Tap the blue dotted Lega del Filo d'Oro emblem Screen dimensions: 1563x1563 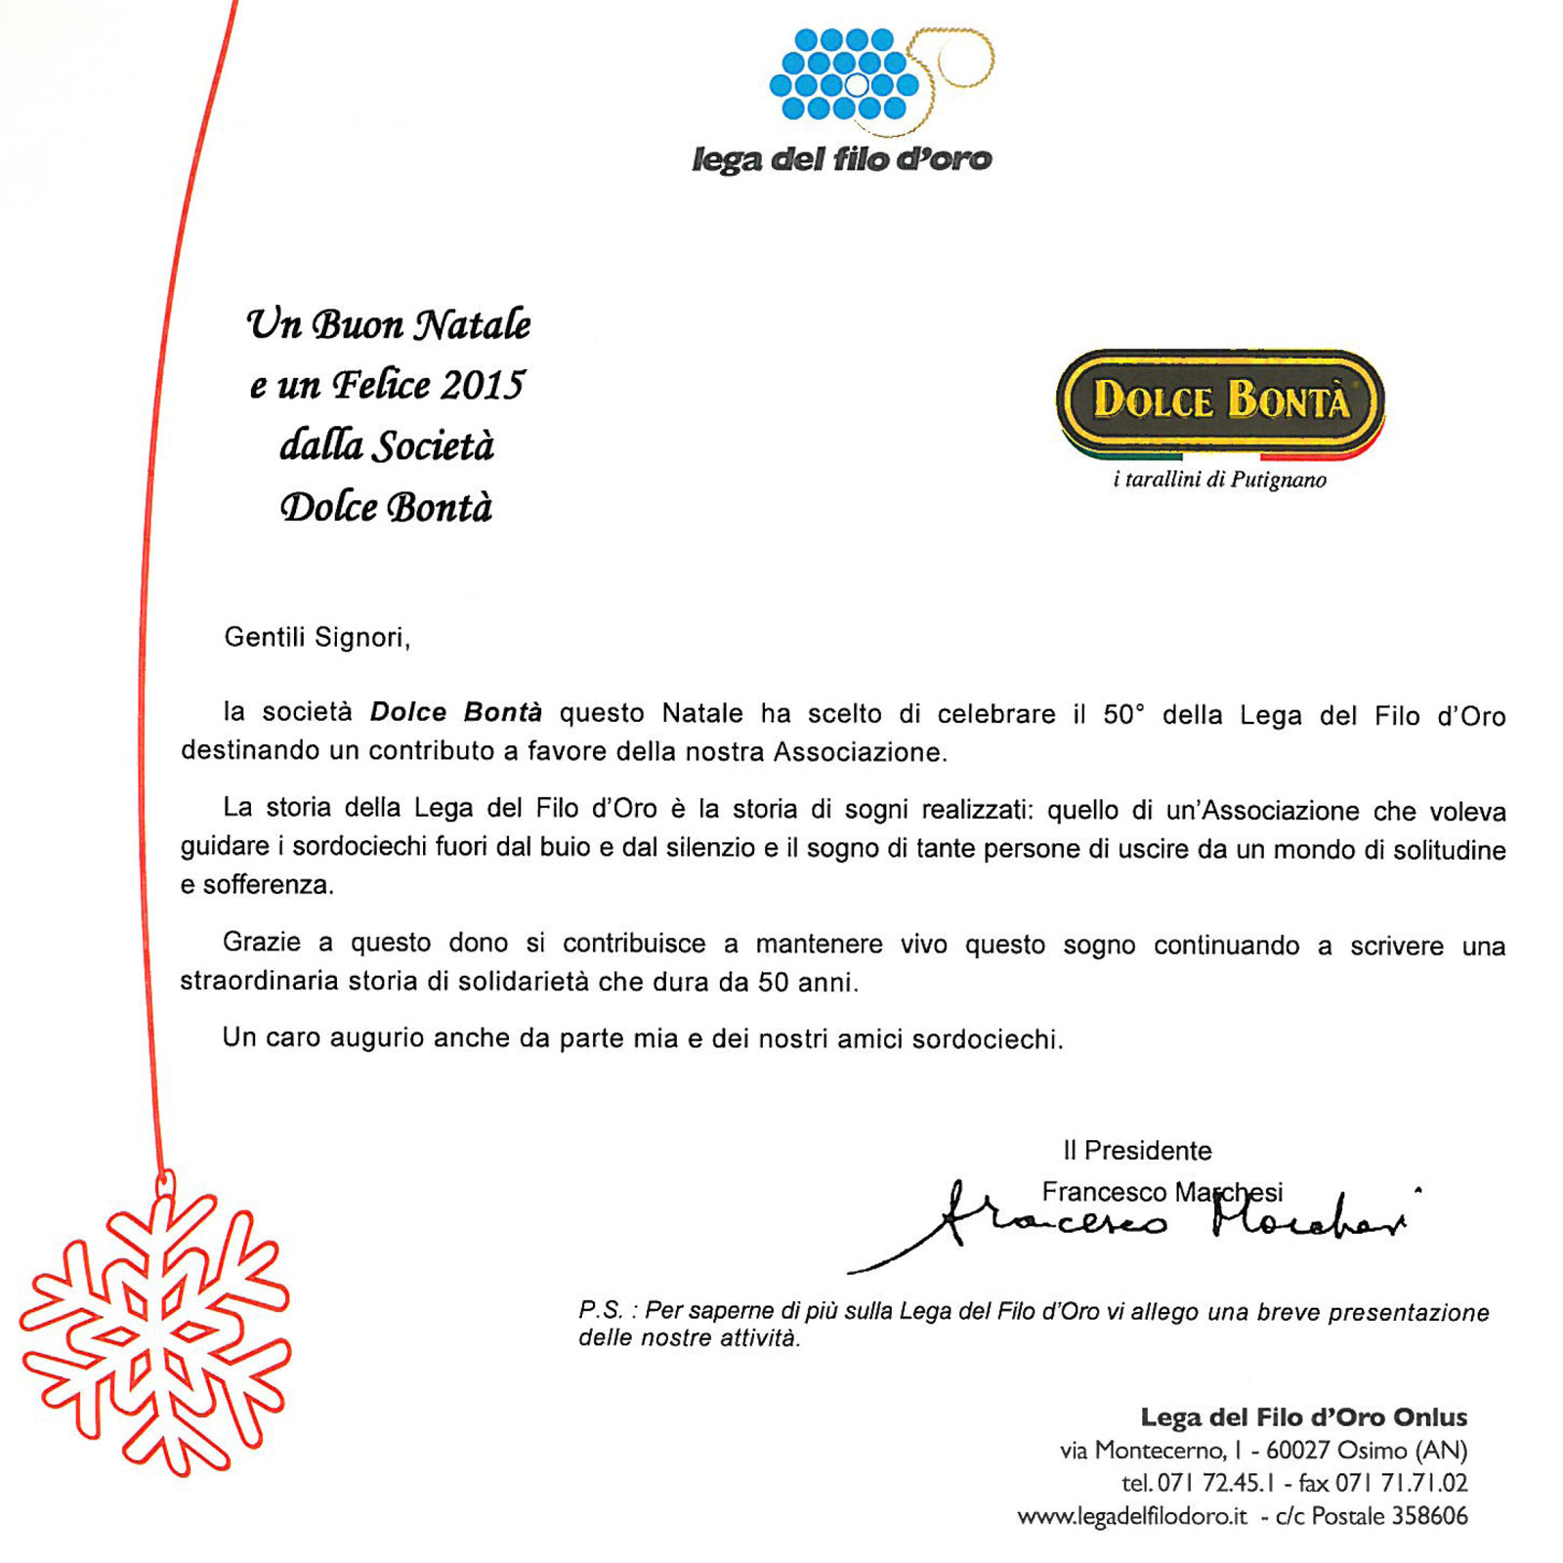tap(846, 74)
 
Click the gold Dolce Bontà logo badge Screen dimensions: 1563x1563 tap(1219, 401)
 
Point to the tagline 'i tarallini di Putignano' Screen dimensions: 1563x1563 tap(1219, 480)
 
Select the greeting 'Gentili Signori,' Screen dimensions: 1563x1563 tap(317, 638)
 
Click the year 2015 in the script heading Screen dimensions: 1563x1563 tap(482, 386)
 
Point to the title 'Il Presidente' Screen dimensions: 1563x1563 tap(1137, 1151)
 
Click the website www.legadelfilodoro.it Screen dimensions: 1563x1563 tap(1132, 1516)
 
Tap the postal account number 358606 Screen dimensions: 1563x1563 tap(1429, 1516)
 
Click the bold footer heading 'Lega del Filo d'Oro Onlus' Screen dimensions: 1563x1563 tap(1304, 1417)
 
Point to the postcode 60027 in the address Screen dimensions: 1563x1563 tap(1297, 1451)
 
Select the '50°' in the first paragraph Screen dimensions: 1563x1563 tap(1123, 715)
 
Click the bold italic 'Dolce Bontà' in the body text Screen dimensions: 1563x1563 tap(455, 712)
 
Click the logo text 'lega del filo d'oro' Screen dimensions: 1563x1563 tap(841, 159)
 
